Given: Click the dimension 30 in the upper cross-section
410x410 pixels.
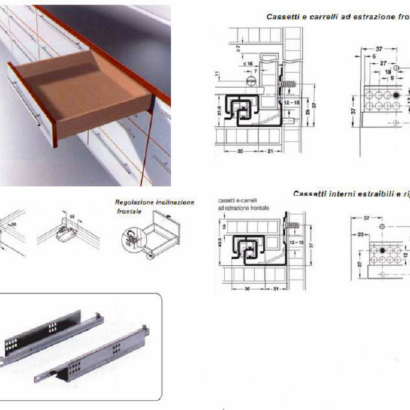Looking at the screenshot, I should pos(242,151).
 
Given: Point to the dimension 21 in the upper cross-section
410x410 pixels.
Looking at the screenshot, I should pos(271,151).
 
